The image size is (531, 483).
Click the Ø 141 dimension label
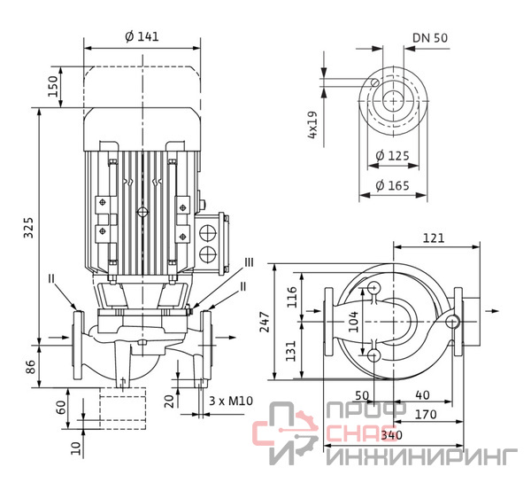[x=142, y=36]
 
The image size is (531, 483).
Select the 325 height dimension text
[x=29, y=228]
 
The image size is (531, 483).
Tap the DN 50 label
[x=430, y=38]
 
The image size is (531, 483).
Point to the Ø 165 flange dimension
[x=392, y=185]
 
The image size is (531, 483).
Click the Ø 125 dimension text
[x=392, y=156]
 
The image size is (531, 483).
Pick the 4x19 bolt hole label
[x=312, y=124]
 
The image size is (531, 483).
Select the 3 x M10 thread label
[x=231, y=401]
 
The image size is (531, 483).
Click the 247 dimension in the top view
[x=265, y=322]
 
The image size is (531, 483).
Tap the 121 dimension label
[x=434, y=238]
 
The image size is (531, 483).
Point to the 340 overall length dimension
[x=392, y=435]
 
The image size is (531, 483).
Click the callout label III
[x=249, y=262]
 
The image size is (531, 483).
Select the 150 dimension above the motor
[x=53, y=87]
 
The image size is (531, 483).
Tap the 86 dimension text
[x=31, y=367]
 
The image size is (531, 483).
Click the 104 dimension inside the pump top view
[x=353, y=322]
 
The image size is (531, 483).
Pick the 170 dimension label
[x=426, y=415]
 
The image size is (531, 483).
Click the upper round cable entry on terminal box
[x=208, y=233]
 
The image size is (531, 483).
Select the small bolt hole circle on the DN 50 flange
[x=375, y=82]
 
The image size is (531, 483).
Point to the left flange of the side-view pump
[x=78, y=345]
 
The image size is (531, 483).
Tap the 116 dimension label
[x=291, y=297]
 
